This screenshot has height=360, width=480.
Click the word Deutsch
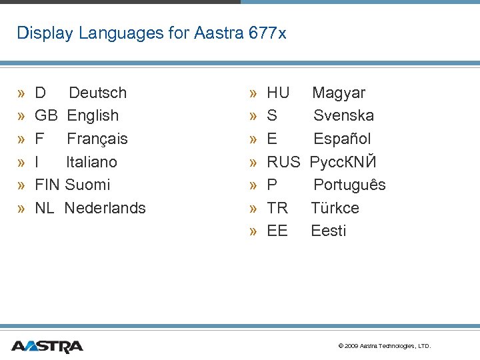point(97,93)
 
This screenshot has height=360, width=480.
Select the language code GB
point(46,115)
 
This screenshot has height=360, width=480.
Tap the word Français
point(97,139)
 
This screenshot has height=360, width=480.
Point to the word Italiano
point(91,162)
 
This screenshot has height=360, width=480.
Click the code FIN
point(48,185)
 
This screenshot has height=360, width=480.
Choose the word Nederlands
point(105,208)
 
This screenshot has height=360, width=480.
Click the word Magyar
point(339,93)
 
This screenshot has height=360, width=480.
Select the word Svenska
point(343,115)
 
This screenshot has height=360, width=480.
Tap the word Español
point(342,139)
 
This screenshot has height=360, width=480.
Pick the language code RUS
point(283,162)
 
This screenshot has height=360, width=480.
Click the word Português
point(349,185)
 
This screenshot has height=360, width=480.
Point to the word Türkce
point(335,208)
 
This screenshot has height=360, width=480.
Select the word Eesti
point(329,231)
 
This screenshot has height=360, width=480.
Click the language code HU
point(278,93)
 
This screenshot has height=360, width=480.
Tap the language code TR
point(277,208)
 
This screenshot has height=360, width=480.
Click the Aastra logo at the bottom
point(47,346)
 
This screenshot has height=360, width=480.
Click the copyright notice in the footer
point(385,346)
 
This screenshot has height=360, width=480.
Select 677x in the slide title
point(267,33)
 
